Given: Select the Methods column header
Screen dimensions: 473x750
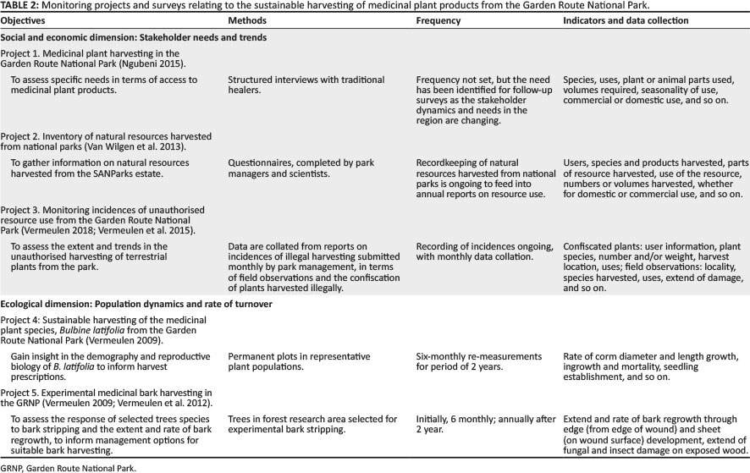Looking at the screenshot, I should pyautogui.click(x=249, y=20).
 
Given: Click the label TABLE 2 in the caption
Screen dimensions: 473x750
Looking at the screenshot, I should pyautogui.click(x=20, y=6).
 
